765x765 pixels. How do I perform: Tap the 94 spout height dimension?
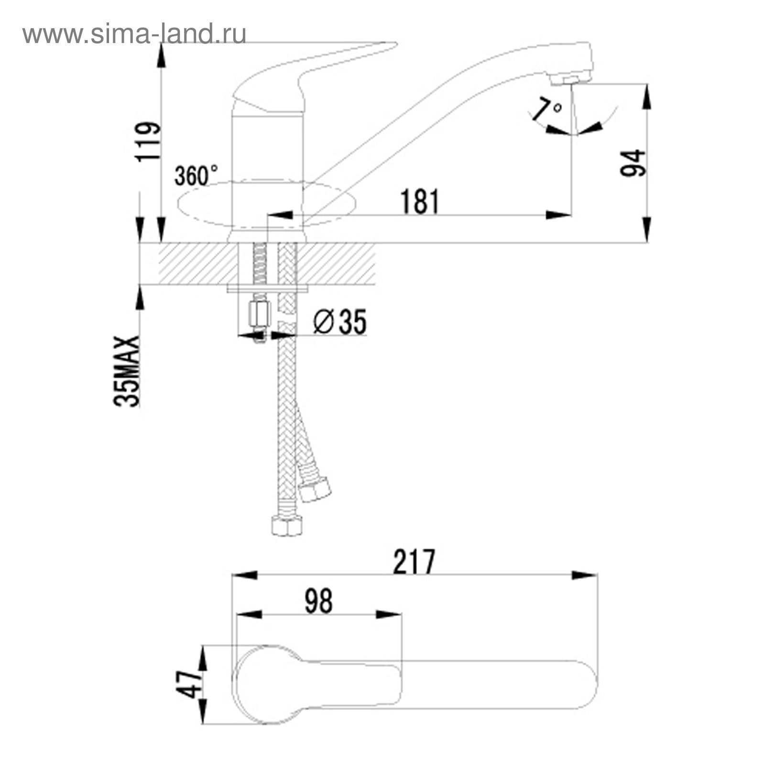633,163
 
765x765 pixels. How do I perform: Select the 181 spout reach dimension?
419,201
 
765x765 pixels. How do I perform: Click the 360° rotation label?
196,175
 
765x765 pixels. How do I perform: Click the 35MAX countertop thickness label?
127,371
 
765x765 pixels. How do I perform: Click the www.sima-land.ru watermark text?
134,34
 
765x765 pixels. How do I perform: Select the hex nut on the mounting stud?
259,314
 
